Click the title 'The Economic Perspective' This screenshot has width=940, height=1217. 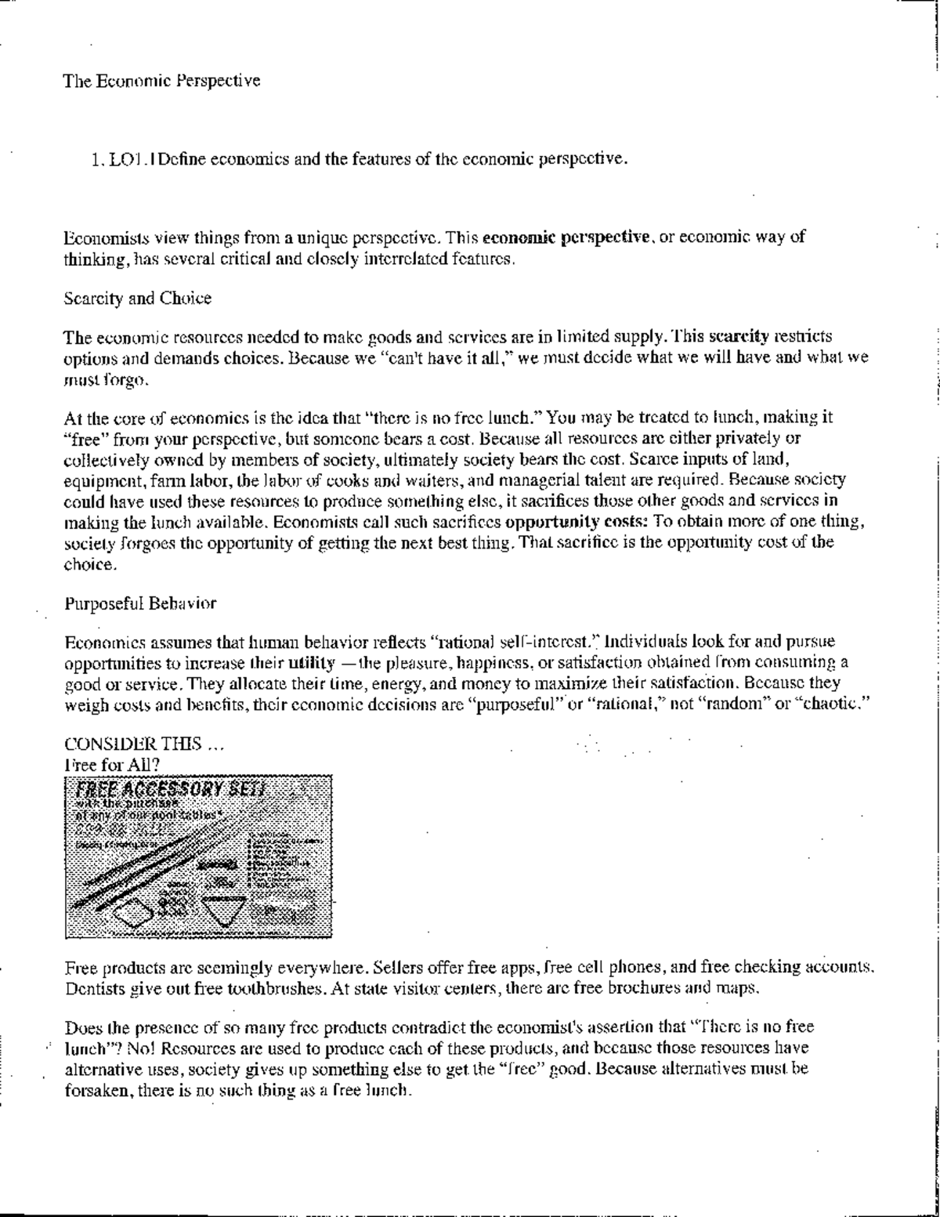(x=161, y=81)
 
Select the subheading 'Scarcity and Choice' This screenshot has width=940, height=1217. (x=137, y=299)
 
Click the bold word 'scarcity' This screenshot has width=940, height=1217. (x=738, y=337)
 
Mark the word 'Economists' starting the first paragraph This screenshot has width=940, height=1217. (x=103, y=237)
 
